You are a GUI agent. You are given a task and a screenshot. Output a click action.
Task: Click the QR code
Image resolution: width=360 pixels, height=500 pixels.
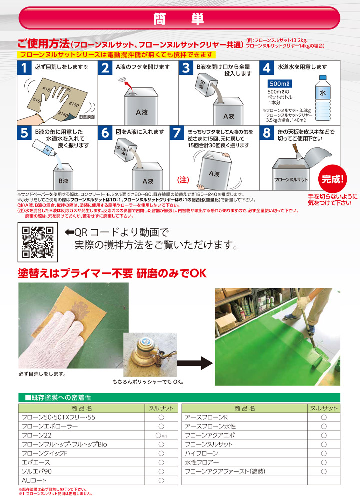pos(38,243)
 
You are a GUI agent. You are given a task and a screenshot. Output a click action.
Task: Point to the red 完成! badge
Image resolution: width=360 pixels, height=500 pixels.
pos(333,178)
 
